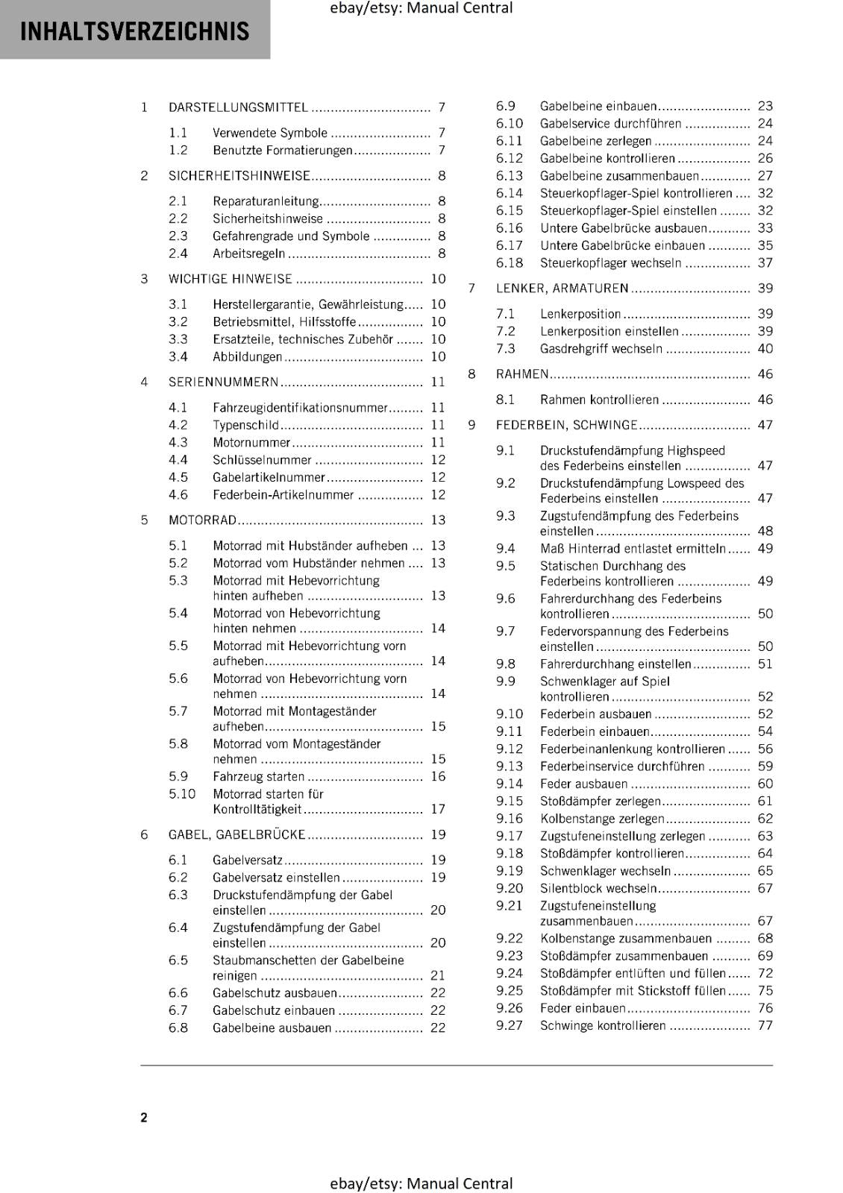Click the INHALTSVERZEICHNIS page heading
[x=134, y=31]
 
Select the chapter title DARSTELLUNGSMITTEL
[x=238, y=107]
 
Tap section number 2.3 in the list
[x=178, y=236]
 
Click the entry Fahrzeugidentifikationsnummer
[x=300, y=408]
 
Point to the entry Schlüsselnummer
[x=262, y=460]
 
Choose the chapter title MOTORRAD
[x=202, y=520]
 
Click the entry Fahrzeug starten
[x=258, y=776]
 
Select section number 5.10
[x=182, y=793]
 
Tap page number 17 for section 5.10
[x=438, y=809]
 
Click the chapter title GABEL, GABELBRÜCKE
[x=236, y=834]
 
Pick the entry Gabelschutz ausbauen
[x=275, y=993]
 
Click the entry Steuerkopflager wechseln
[x=610, y=263]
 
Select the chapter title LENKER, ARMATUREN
[x=562, y=289]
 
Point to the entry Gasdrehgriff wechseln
[x=601, y=349]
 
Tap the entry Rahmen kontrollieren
[x=599, y=400]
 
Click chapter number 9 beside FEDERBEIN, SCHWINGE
[x=471, y=425]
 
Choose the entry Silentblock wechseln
[x=598, y=888]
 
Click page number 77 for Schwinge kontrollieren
[x=765, y=1025]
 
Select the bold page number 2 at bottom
[x=144, y=1117]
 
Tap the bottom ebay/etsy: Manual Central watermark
[x=421, y=1183]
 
